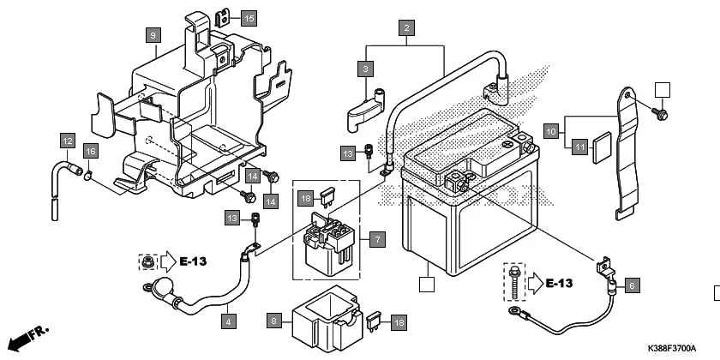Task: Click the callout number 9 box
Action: (x=153, y=35)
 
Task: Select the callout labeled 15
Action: (x=248, y=18)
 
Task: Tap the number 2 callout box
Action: (x=406, y=28)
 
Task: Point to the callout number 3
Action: (x=366, y=68)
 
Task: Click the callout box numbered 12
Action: (x=68, y=140)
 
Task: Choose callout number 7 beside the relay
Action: (x=377, y=239)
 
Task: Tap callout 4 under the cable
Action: (x=228, y=322)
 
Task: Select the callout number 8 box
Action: (x=273, y=321)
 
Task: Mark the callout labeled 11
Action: (x=580, y=147)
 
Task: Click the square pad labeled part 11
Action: (x=602, y=143)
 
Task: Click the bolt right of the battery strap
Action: (x=662, y=113)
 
